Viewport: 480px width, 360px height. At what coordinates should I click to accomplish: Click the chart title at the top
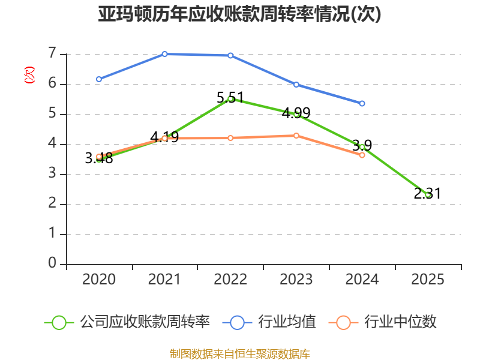coord(239,14)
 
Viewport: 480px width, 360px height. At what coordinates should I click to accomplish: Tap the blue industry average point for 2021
coord(164,54)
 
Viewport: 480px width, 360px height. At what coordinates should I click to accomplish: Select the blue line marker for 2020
coord(99,79)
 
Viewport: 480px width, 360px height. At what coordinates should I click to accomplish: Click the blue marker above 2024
coord(362,103)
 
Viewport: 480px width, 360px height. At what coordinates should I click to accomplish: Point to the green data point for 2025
coord(428,194)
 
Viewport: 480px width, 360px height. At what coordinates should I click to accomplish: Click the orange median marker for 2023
coord(296,136)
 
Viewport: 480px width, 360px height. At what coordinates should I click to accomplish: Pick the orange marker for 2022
coord(230,138)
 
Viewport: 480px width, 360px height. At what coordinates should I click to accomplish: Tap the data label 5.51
coord(230,98)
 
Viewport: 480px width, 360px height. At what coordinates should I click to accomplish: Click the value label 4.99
coord(296,113)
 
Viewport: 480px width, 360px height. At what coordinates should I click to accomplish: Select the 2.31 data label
coord(427,193)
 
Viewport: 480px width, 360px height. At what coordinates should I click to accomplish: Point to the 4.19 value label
coord(164,137)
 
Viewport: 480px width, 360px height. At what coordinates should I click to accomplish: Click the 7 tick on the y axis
coord(52,53)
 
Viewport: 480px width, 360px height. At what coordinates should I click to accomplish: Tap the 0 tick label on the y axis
coord(52,263)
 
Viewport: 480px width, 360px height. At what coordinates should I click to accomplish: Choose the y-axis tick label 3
coord(52,173)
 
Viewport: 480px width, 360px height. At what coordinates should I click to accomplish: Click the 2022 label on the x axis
coord(230,279)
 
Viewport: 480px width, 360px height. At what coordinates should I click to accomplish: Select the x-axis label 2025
coord(428,279)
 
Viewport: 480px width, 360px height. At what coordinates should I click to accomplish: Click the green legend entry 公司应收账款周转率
coord(127,322)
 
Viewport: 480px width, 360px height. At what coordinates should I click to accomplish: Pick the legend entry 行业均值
coord(269,322)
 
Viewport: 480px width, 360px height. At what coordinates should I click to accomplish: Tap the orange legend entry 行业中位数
coord(383,322)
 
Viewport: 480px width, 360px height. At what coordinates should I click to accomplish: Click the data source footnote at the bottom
coord(240,353)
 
